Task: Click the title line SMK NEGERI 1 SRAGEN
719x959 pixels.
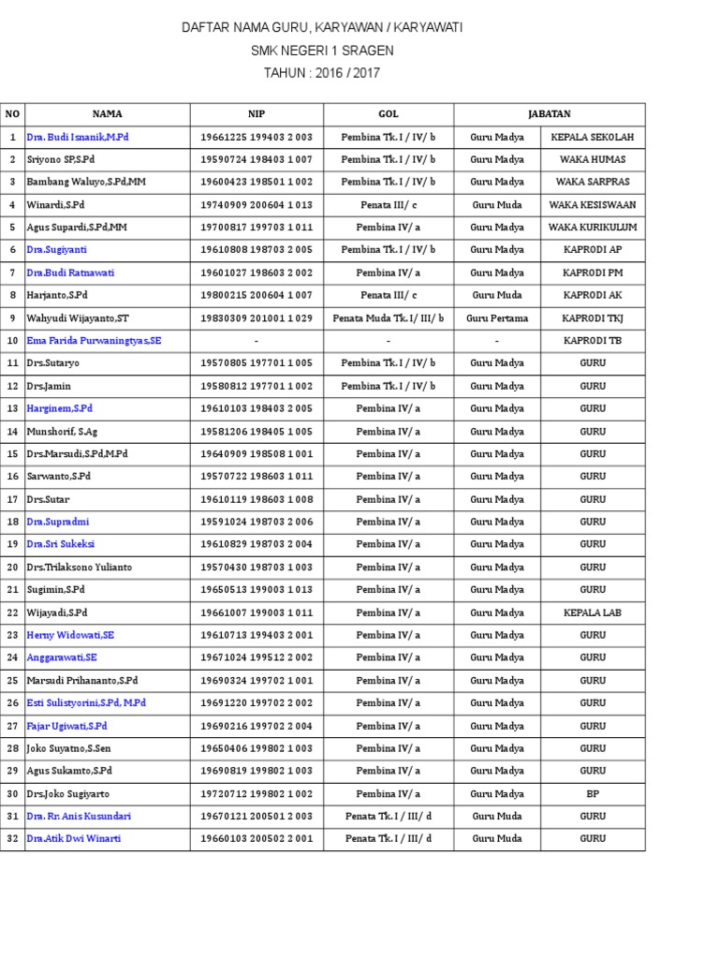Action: (x=321, y=51)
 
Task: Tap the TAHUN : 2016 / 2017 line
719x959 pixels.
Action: (x=321, y=73)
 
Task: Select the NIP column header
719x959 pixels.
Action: (x=257, y=114)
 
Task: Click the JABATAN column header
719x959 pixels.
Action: (x=550, y=114)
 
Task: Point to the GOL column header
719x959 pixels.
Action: (x=389, y=114)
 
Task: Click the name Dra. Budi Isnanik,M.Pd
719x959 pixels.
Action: (x=78, y=137)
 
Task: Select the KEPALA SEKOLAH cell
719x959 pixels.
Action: (x=593, y=137)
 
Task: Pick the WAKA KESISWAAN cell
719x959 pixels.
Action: (x=593, y=205)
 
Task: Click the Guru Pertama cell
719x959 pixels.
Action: (x=497, y=318)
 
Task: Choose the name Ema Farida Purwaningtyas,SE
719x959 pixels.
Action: (x=94, y=341)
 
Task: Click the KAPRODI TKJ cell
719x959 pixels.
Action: (x=593, y=318)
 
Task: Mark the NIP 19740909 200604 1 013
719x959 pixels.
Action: (x=257, y=205)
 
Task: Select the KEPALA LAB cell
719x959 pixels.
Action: (x=593, y=612)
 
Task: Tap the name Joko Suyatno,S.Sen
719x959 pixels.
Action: (x=70, y=748)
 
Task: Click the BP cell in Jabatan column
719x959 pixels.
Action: (x=593, y=793)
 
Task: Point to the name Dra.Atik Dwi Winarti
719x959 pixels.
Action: (x=74, y=839)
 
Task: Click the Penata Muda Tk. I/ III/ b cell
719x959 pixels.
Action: (x=389, y=318)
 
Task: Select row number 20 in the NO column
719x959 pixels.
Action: (x=13, y=567)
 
